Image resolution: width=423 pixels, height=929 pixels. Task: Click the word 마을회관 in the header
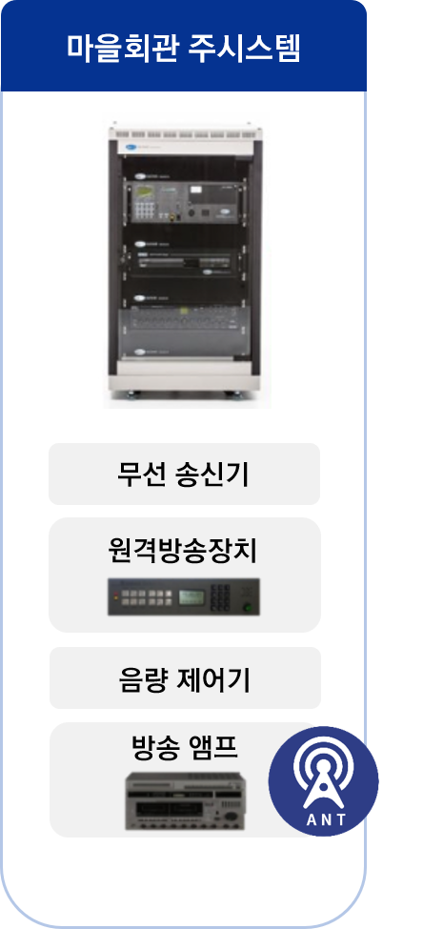121,48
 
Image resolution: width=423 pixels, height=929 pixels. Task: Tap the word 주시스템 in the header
244,48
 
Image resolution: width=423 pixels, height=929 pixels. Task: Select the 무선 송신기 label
184,475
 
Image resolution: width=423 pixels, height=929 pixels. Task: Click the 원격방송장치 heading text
184,551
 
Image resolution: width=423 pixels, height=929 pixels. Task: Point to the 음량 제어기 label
185,679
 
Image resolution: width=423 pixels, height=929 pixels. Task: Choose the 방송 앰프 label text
185,747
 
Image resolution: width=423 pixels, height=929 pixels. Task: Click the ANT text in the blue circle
324,820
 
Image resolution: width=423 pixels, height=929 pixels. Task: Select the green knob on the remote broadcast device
247,607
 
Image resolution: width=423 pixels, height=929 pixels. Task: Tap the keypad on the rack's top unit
144,210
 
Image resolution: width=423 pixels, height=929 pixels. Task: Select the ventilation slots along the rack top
185,135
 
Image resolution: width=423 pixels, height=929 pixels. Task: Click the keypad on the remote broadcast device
220,597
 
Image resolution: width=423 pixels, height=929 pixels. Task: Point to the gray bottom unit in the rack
185,332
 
